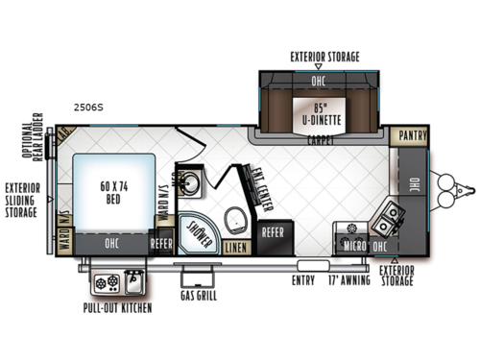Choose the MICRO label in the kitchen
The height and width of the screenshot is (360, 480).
(351, 246)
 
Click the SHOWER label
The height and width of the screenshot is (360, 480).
(198, 227)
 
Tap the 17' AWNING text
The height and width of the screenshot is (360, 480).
(348, 281)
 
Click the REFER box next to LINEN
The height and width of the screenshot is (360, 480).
(273, 231)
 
